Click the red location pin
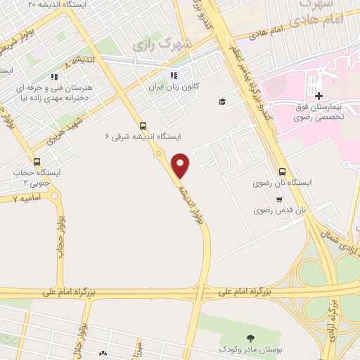coord(181,165)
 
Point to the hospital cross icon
coord(319,96)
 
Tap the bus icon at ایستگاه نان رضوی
coord(282,171)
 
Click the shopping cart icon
coord(280,199)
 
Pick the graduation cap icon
coord(222,101)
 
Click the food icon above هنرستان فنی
coord(54,77)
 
